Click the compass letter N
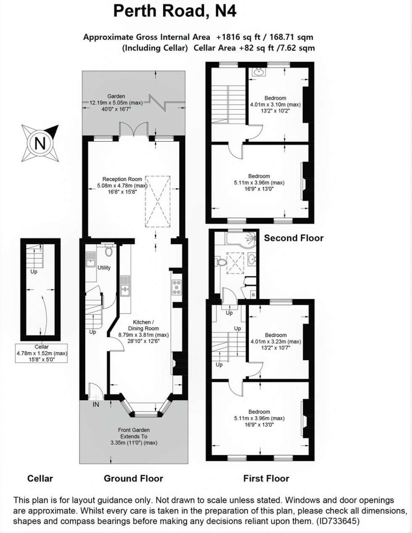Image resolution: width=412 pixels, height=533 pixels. click(40, 143)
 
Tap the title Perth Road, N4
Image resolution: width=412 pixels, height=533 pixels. click(175, 11)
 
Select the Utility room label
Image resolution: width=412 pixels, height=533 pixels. click(104, 268)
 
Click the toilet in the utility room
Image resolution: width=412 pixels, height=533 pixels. click(108, 250)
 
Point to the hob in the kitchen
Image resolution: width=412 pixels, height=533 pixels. click(177, 287)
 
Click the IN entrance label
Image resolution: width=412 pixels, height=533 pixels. click(96, 404)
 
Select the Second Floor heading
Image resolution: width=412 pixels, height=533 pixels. click(294, 238)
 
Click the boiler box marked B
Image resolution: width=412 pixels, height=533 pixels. click(254, 295)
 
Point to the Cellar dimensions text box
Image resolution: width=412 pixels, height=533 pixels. click(42, 353)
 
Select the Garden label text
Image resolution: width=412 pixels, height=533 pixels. click(116, 103)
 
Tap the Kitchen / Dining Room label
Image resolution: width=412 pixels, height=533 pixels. click(143, 331)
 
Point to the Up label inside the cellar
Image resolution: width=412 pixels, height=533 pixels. click(34, 272)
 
